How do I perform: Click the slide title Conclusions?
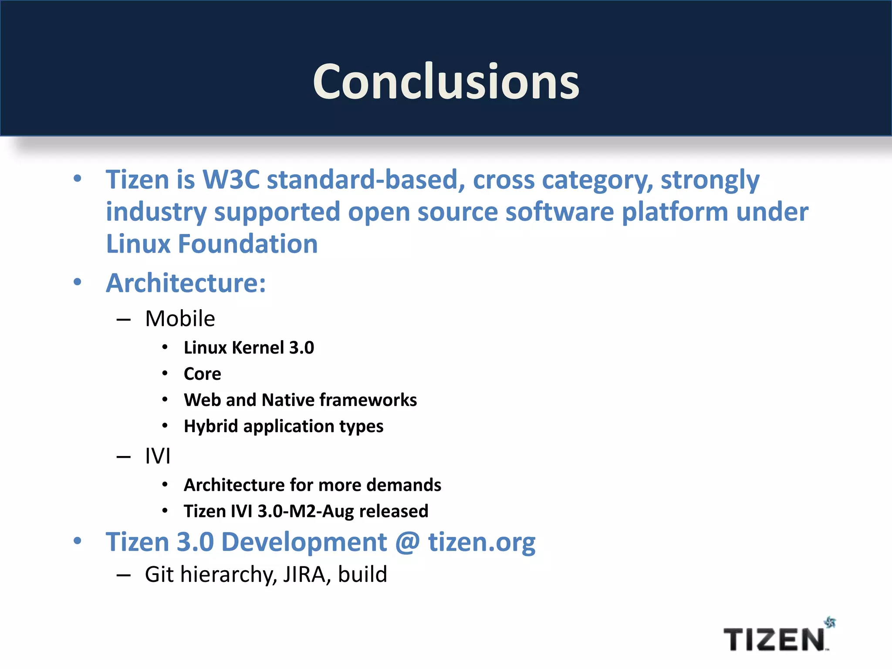click(446, 81)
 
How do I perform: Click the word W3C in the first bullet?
click(231, 179)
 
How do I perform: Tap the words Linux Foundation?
click(212, 243)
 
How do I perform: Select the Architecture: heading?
click(186, 283)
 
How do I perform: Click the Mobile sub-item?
click(180, 318)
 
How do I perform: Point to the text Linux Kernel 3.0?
click(249, 348)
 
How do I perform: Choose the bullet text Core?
click(202, 374)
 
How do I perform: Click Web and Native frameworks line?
click(300, 400)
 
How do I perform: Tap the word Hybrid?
click(211, 426)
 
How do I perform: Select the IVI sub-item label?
click(157, 456)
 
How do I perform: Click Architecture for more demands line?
click(312, 485)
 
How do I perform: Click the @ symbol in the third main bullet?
click(408, 542)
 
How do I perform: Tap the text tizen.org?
click(482, 542)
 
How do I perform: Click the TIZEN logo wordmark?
click(774, 640)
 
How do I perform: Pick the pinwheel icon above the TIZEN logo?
click(830, 623)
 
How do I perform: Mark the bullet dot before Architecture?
click(78, 282)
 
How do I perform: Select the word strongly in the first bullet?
click(710, 179)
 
